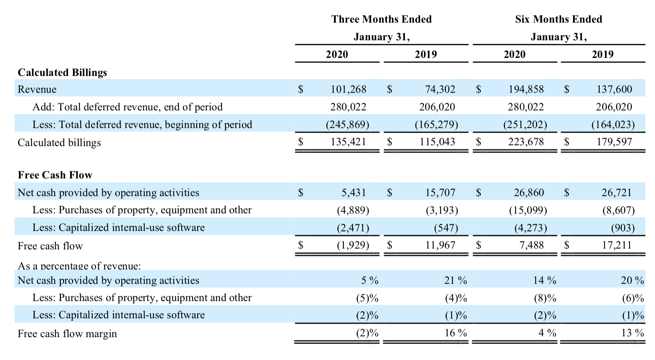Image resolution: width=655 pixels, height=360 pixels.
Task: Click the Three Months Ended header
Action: [381, 19]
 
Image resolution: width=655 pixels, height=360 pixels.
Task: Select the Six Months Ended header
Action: [558, 19]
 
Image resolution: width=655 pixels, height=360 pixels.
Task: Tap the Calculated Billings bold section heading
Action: [62, 73]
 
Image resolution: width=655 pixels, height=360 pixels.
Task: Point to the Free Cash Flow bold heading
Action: [55, 175]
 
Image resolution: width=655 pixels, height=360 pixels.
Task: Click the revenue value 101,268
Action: [348, 89]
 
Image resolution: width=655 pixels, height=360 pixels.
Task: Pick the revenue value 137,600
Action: [614, 89]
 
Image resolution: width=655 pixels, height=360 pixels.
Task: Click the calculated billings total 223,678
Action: [526, 142]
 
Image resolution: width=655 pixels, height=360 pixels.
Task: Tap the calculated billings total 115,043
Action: [437, 142]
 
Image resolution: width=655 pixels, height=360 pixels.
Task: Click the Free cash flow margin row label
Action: [67, 334]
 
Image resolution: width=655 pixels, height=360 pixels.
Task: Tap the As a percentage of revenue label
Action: [79, 266]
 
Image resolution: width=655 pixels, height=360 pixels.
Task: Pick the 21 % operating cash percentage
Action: [455, 280]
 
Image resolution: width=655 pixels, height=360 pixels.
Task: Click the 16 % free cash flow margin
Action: [455, 333]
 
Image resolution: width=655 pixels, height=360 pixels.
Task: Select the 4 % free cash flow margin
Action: [547, 333]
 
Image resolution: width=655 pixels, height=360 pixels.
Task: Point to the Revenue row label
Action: [37, 89]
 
